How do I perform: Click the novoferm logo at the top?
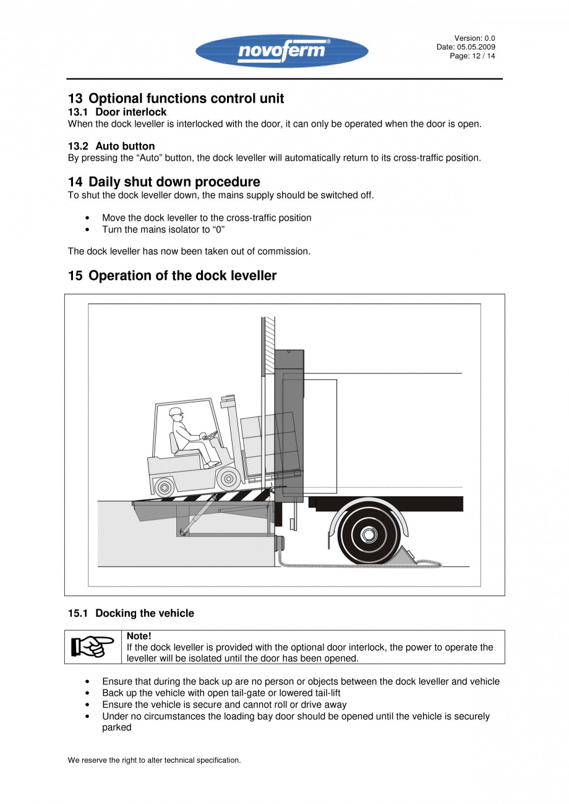[x=281, y=51]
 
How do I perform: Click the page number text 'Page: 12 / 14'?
[x=472, y=56]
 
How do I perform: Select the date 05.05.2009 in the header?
[x=476, y=47]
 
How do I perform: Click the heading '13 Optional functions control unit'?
[x=176, y=99]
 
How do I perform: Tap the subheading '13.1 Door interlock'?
[x=117, y=112]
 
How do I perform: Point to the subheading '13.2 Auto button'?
[x=111, y=146]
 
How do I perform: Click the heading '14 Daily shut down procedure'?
[x=164, y=182]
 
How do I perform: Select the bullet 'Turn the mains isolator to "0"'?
[x=163, y=229]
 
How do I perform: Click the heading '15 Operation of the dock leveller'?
[x=172, y=276]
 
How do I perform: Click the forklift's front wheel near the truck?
[x=229, y=477]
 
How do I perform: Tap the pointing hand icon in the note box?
[x=93, y=647]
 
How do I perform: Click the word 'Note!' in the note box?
[x=139, y=636]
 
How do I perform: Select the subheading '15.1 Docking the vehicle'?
[x=130, y=614]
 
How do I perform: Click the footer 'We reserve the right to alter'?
[x=154, y=760]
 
